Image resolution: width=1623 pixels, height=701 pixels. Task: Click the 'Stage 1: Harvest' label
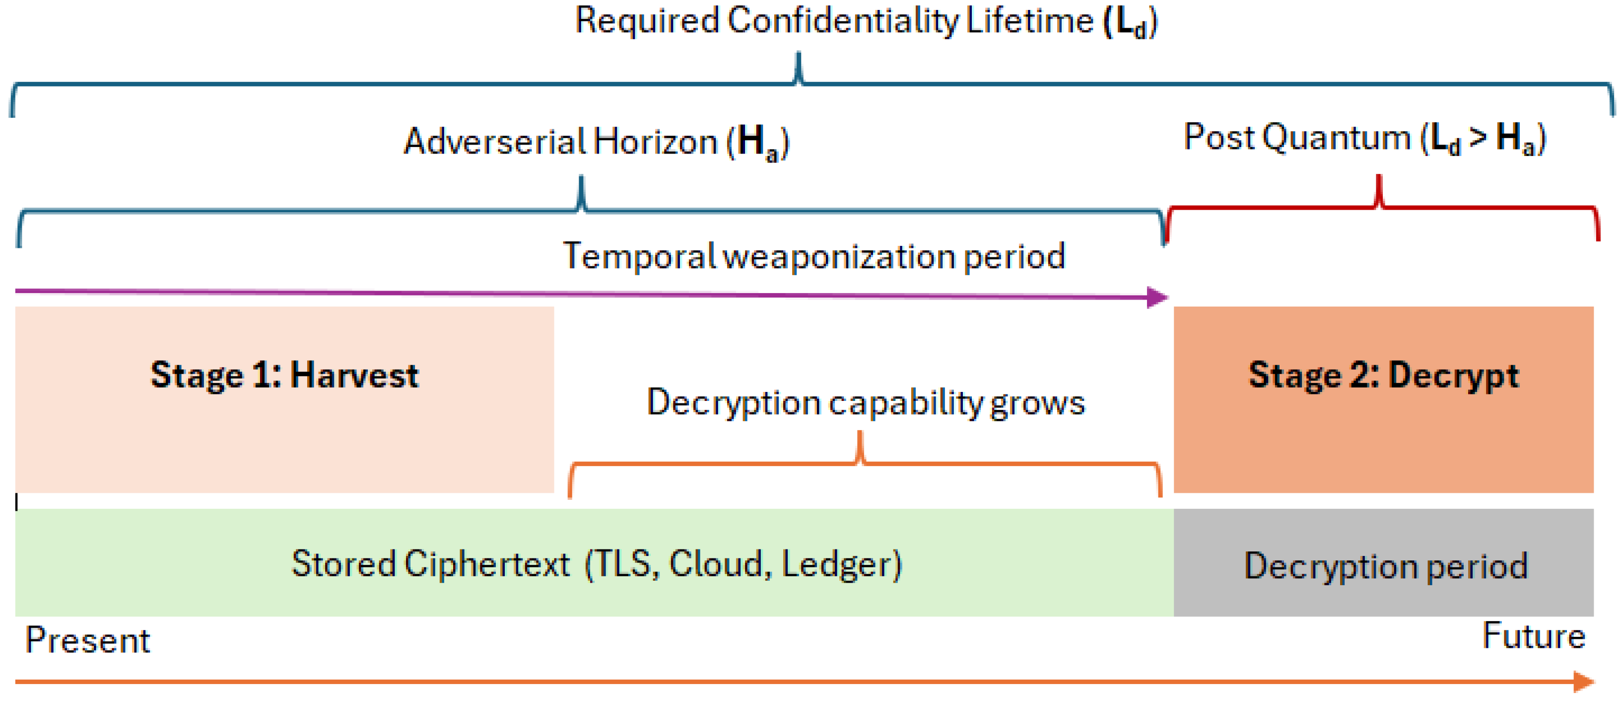pyautogui.click(x=284, y=376)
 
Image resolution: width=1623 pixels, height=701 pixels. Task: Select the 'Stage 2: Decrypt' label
pyautogui.click(x=1384, y=376)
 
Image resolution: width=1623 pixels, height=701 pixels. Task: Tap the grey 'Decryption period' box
pyautogui.click(x=1384, y=562)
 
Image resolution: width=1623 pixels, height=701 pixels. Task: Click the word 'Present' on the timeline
pyautogui.click(x=87, y=640)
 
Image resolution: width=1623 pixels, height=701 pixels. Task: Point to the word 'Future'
pyautogui.click(x=1534, y=635)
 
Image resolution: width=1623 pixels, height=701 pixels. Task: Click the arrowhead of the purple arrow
pyautogui.click(x=1158, y=297)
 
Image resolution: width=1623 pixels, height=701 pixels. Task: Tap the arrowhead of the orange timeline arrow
pyautogui.click(x=1584, y=682)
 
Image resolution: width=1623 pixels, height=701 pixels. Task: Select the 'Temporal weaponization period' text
pyautogui.click(x=813, y=256)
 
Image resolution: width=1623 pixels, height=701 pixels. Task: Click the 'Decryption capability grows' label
pyautogui.click(x=866, y=402)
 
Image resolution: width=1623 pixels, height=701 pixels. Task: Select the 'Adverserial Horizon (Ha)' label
pyautogui.click(x=596, y=142)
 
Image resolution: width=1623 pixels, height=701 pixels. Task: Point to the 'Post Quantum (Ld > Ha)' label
pyautogui.click(x=1365, y=139)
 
